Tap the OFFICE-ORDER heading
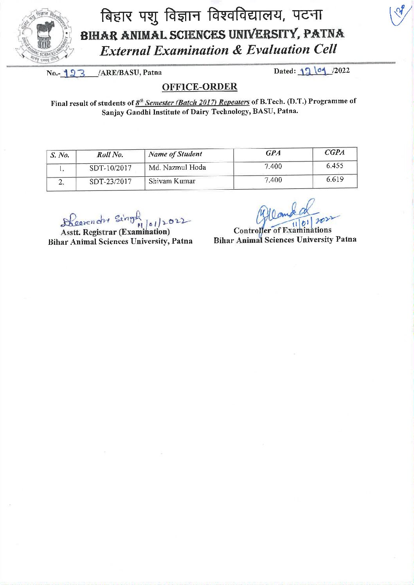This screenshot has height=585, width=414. pos(200,87)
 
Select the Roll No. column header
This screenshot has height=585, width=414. pos(110,155)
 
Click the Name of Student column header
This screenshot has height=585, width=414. pos(175,154)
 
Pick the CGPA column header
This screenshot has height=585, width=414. pos(335,153)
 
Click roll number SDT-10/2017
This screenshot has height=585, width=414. pos(110,169)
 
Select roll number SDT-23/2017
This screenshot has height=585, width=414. pos(110,182)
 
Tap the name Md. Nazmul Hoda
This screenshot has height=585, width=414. pos(177,168)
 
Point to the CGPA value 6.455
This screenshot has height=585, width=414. pos(335,166)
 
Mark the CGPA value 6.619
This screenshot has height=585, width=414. pos(335,179)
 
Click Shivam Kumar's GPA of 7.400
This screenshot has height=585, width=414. pos(273,180)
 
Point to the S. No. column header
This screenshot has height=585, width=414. pos(60,155)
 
